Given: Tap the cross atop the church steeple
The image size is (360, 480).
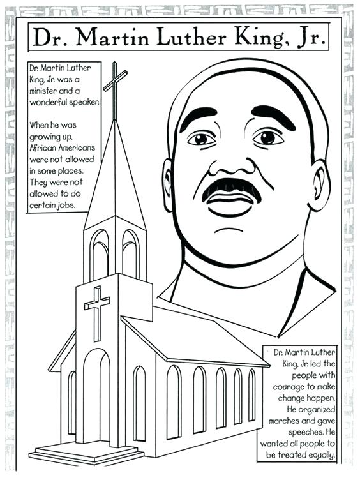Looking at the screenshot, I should coord(115,83).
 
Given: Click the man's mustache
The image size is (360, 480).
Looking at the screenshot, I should coord(231,188).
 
